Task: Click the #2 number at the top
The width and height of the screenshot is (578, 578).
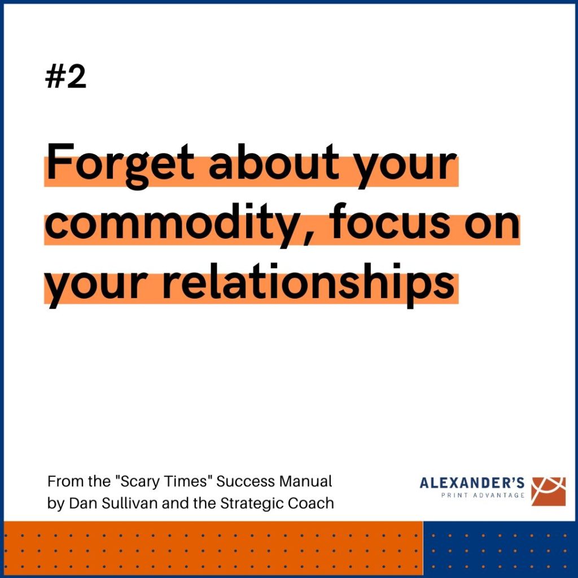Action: [65, 77]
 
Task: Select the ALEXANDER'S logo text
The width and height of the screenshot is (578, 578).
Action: [472, 483]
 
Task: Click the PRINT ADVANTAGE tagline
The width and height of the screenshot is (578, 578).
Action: [483, 495]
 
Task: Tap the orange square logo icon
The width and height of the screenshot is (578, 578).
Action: [548, 491]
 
